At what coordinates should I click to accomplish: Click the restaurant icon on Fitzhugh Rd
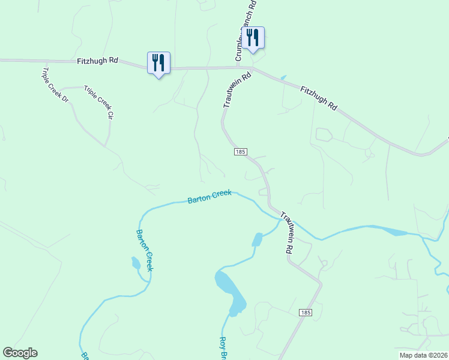coord(158,63)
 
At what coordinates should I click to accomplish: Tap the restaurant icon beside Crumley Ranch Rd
coord(253,38)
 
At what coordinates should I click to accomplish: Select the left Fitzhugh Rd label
coord(98,61)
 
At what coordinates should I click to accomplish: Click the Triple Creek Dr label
coord(55,85)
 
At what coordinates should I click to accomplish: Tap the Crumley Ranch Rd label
coord(247,30)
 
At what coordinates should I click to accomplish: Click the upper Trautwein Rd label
coord(237,91)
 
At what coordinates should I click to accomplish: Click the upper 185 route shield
coord(240,152)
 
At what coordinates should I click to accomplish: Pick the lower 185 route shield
coord(306,313)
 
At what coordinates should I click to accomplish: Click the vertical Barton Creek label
coord(145,250)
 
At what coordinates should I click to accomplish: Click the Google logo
coord(20,353)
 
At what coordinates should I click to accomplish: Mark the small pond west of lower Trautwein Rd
coord(258,239)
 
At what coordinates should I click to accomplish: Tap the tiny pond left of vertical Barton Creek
coord(136,263)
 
